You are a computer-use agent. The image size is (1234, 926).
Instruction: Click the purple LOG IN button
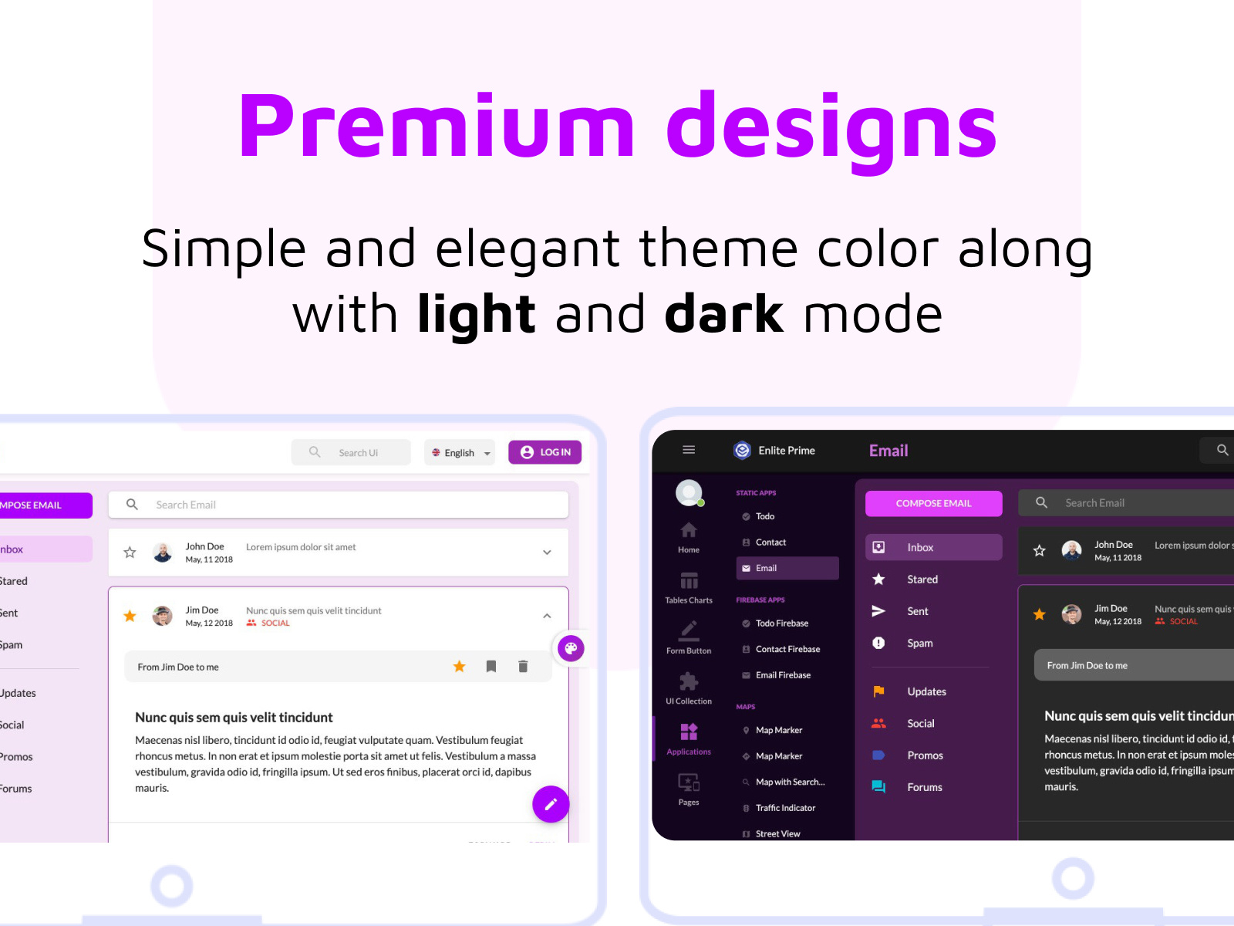pyautogui.click(x=545, y=452)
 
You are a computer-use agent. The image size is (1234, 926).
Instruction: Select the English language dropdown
pyautogui.click(x=460, y=453)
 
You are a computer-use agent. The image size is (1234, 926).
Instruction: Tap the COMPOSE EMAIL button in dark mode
pyautogui.click(x=933, y=503)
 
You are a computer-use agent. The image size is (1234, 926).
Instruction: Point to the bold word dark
pyautogui.click(x=723, y=314)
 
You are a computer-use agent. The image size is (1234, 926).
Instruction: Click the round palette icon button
pyautogui.click(x=571, y=648)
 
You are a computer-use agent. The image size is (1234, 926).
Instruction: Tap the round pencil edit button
pyautogui.click(x=551, y=804)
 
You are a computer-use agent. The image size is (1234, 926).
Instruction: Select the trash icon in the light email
pyautogui.click(x=523, y=667)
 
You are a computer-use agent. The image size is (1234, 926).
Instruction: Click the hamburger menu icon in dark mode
pyautogui.click(x=689, y=450)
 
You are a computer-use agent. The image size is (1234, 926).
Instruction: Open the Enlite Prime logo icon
pyautogui.click(x=742, y=451)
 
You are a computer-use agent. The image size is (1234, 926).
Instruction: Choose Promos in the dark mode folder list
pyautogui.click(x=925, y=755)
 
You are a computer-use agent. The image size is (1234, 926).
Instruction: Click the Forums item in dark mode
pyautogui.click(x=924, y=787)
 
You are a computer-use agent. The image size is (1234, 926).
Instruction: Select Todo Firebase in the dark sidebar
pyautogui.click(x=782, y=624)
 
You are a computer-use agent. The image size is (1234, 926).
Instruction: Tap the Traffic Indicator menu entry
pyautogui.click(x=785, y=808)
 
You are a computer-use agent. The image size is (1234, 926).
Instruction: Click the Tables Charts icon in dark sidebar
pyautogui.click(x=689, y=581)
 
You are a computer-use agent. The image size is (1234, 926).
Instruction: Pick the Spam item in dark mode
pyautogui.click(x=919, y=643)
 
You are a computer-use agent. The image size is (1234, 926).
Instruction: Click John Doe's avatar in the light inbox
pyautogui.click(x=163, y=553)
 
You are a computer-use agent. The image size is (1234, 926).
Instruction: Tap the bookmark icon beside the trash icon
pyautogui.click(x=491, y=667)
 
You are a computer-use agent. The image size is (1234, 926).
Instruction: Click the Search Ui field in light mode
pyautogui.click(x=358, y=453)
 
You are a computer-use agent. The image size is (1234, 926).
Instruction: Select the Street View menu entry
pyautogui.click(x=777, y=833)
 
